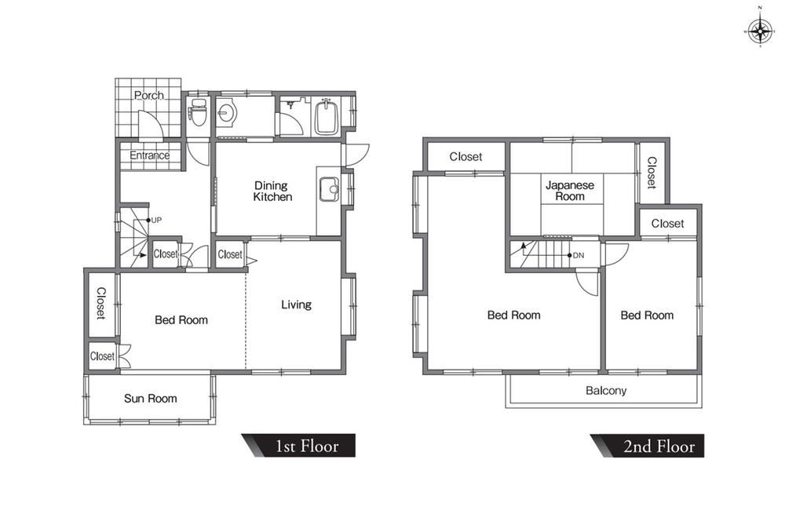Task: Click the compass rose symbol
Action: click(x=760, y=32)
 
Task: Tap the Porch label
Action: click(x=148, y=95)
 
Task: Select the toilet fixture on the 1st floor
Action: click(x=198, y=111)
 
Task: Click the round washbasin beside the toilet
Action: click(x=226, y=112)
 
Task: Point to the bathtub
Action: click(x=327, y=116)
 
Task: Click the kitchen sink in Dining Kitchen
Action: click(x=328, y=189)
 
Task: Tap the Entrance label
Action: click(x=149, y=155)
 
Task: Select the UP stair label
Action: click(x=156, y=220)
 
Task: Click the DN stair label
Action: click(x=579, y=255)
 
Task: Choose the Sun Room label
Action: click(x=150, y=399)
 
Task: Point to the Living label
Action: click(x=296, y=305)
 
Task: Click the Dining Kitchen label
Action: click(x=272, y=192)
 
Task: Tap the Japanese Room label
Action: click(x=570, y=191)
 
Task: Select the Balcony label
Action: click(x=606, y=390)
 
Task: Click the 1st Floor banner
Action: click(x=299, y=446)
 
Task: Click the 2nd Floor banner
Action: click(x=648, y=446)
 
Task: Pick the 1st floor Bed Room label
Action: click(x=181, y=319)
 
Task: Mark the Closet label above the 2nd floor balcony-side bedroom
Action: click(x=667, y=223)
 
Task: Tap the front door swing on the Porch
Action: click(x=150, y=124)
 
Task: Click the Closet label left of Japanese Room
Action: click(x=466, y=157)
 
